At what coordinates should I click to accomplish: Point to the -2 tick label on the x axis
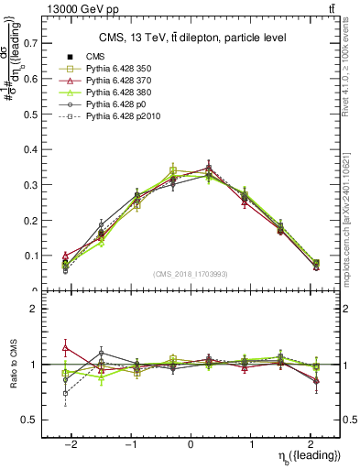pyautogui.click(x=71, y=442)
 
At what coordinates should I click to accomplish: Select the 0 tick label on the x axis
pyautogui.click(x=191, y=442)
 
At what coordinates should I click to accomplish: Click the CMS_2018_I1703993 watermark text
pyautogui.click(x=191, y=274)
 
